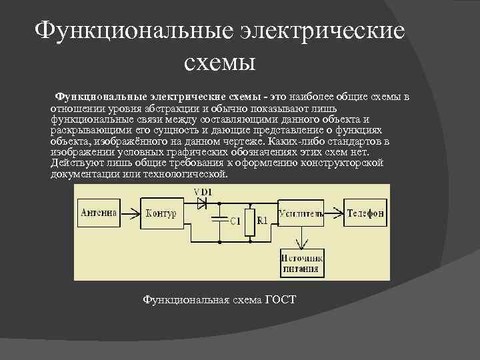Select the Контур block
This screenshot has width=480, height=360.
[x=161, y=213]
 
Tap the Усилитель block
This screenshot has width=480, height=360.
[x=302, y=213]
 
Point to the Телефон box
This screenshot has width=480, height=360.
[x=365, y=213]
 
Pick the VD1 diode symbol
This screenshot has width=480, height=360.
[x=202, y=204]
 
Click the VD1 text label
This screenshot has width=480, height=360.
[x=203, y=192]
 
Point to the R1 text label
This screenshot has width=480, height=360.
[x=262, y=221]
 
